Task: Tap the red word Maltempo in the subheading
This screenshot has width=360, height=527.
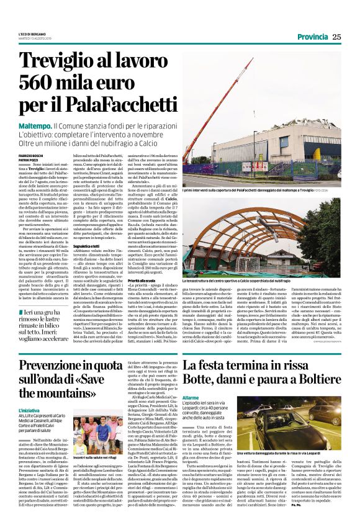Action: [37, 126]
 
